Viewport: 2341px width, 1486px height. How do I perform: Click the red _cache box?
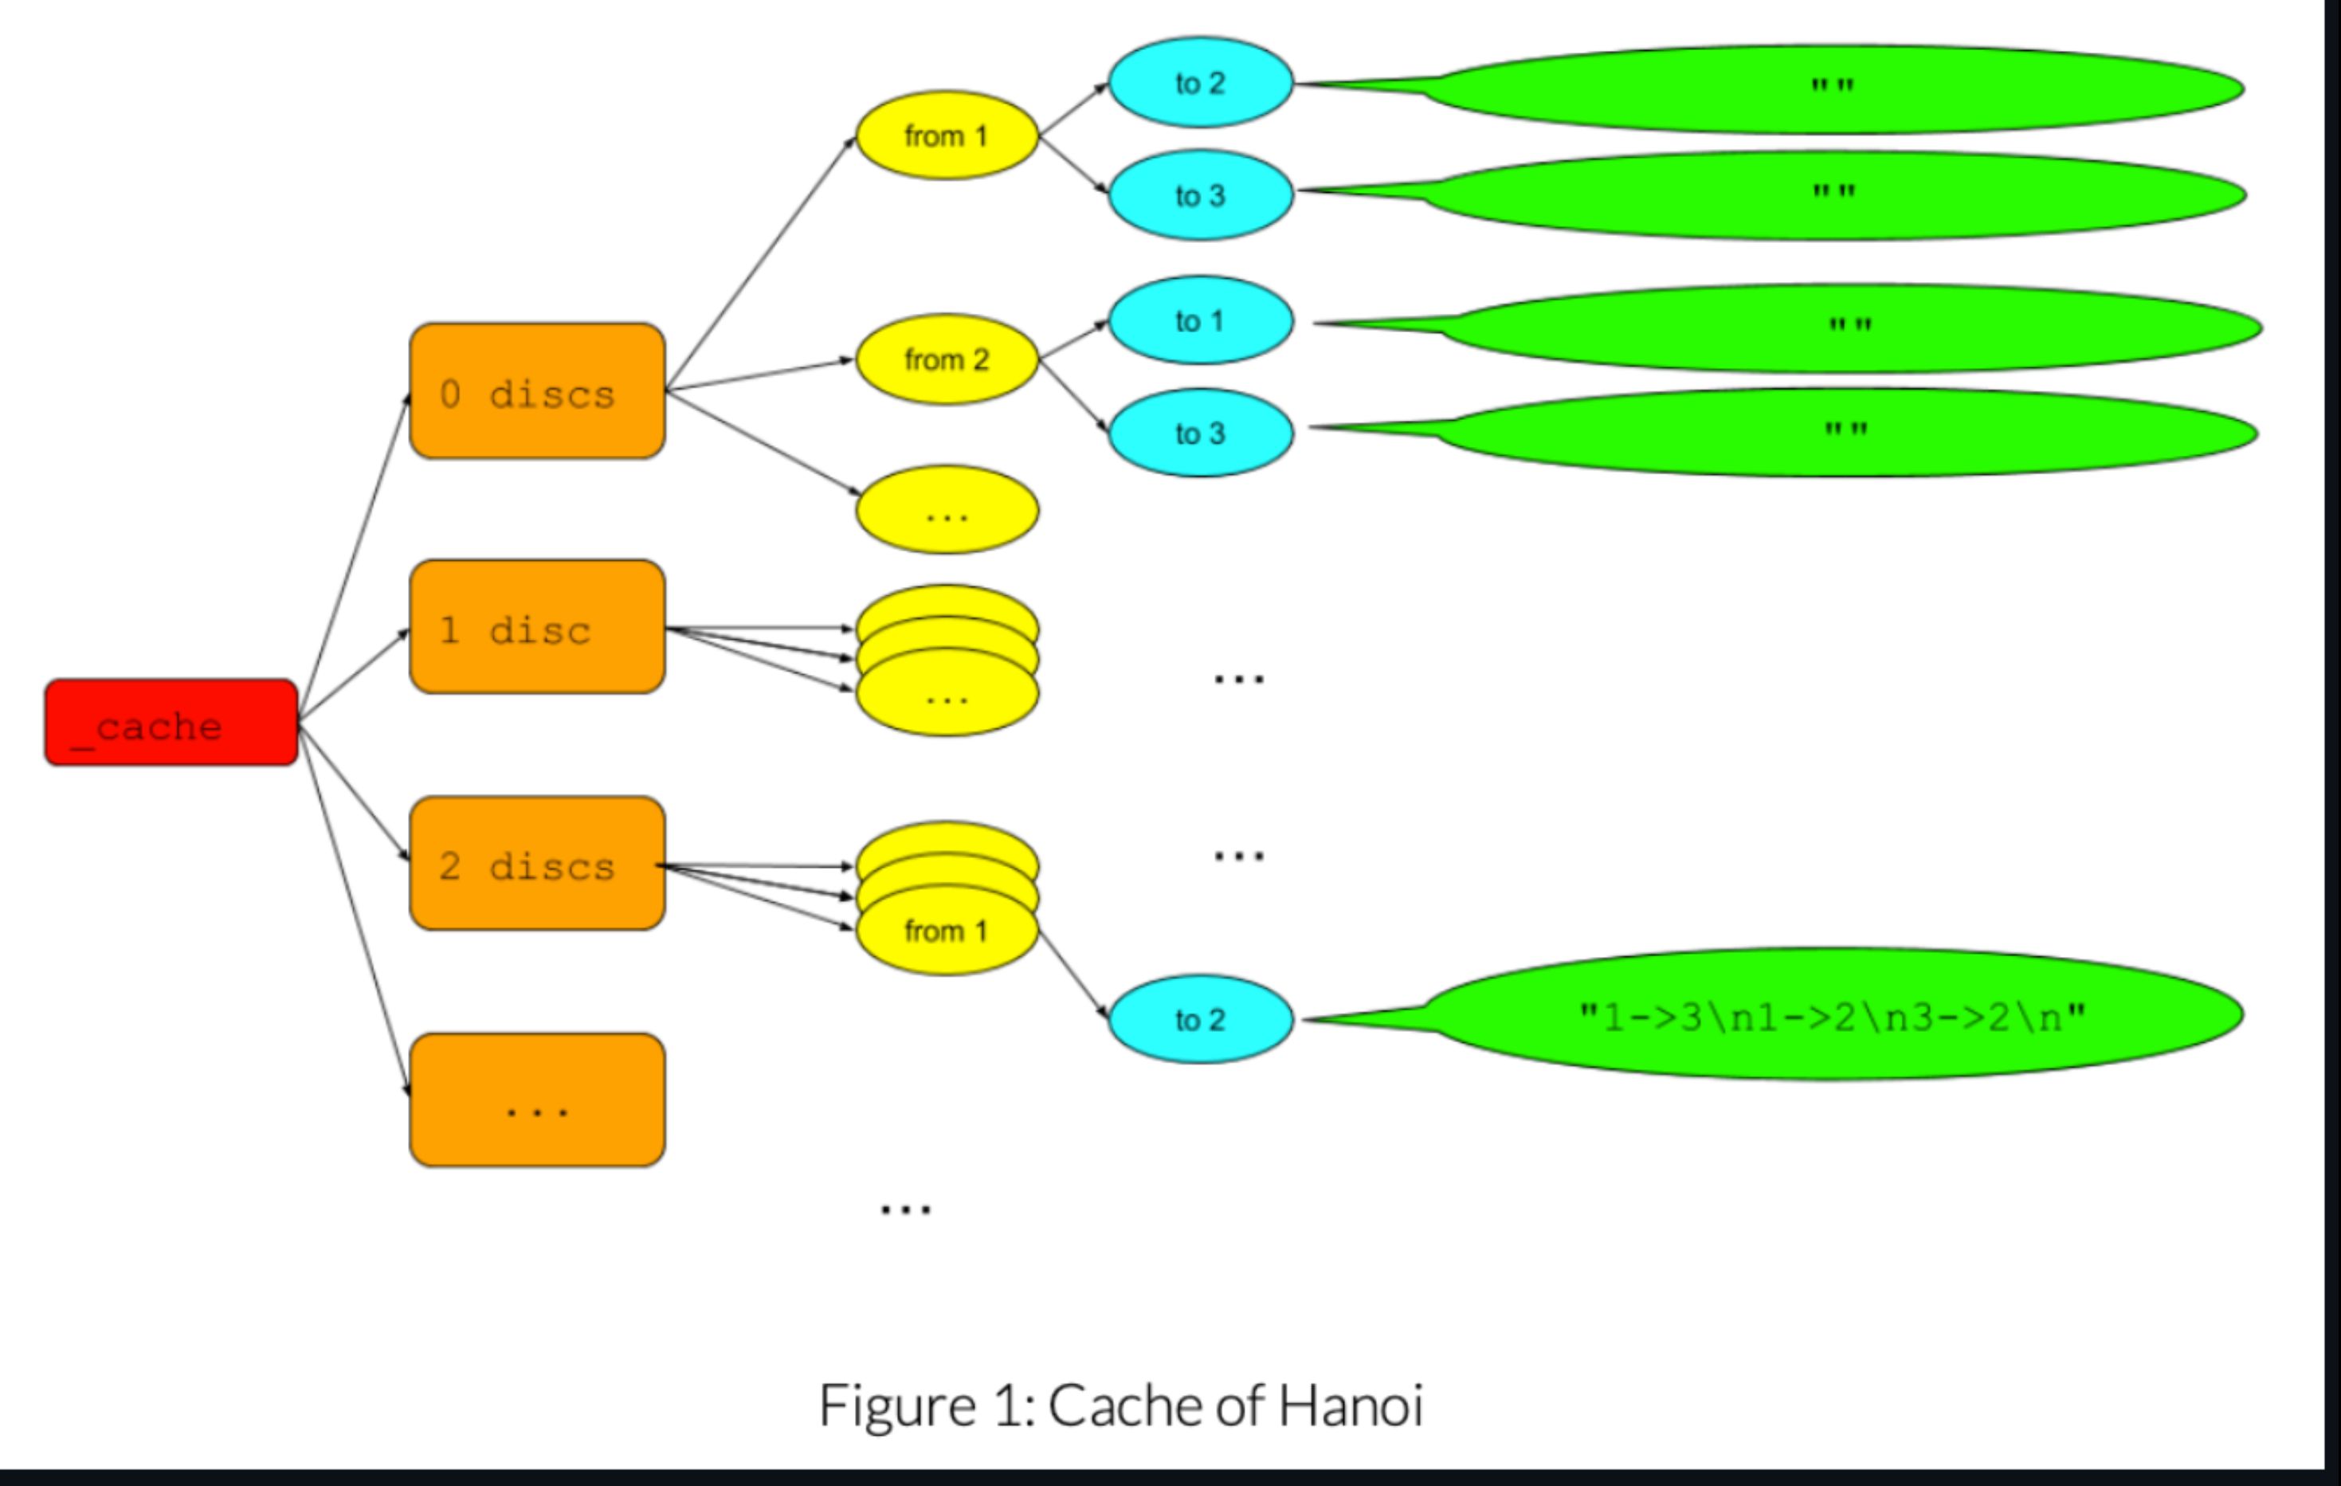coord(171,722)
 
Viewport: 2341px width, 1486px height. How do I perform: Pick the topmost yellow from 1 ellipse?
coord(947,135)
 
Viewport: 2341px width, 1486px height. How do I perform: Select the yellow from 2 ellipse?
coord(947,359)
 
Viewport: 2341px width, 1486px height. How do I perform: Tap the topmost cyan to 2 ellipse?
coord(1200,83)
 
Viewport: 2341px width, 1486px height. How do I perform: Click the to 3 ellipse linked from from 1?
coord(1200,194)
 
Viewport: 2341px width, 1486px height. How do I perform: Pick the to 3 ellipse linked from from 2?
coord(1200,433)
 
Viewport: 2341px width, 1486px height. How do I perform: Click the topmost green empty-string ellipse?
coord(1833,89)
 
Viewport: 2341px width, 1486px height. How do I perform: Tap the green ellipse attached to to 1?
coord(1847,327)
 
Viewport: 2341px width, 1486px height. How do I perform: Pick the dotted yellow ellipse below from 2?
coord(947,510)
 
